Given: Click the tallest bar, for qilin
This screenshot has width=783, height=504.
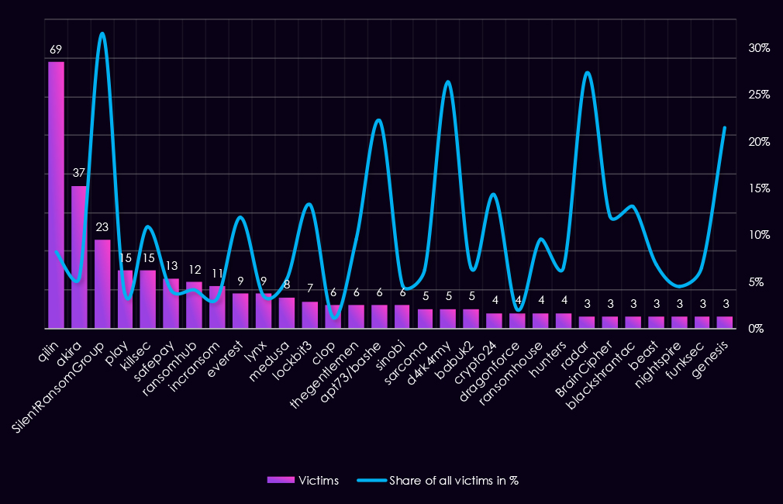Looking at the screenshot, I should pos(56,194).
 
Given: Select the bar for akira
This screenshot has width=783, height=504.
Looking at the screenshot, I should pos(79,256).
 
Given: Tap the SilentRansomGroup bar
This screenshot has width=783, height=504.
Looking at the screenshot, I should pos(102,284).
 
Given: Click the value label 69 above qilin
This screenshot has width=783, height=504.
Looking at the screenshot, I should pos(56,50).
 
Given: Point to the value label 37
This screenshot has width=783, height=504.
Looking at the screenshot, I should pos(79,174).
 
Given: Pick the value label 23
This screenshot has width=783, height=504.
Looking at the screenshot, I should pos(102,228).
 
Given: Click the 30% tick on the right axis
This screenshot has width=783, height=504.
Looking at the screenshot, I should pos(758,48).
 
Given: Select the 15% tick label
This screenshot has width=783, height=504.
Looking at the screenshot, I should pos(758,188).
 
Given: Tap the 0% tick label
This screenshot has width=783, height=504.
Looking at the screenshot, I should pos(755,329).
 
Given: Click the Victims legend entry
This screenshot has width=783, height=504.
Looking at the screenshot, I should pos(303,481).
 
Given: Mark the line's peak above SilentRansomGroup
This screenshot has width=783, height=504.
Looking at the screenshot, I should pos(102,33).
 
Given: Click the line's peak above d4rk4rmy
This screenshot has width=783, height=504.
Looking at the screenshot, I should pos(447,81).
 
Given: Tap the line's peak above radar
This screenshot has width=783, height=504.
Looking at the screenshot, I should pos(587,72).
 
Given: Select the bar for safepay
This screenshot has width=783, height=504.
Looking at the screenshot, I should pos(171,303).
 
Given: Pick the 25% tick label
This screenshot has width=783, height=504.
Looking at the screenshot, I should pos(758,95).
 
